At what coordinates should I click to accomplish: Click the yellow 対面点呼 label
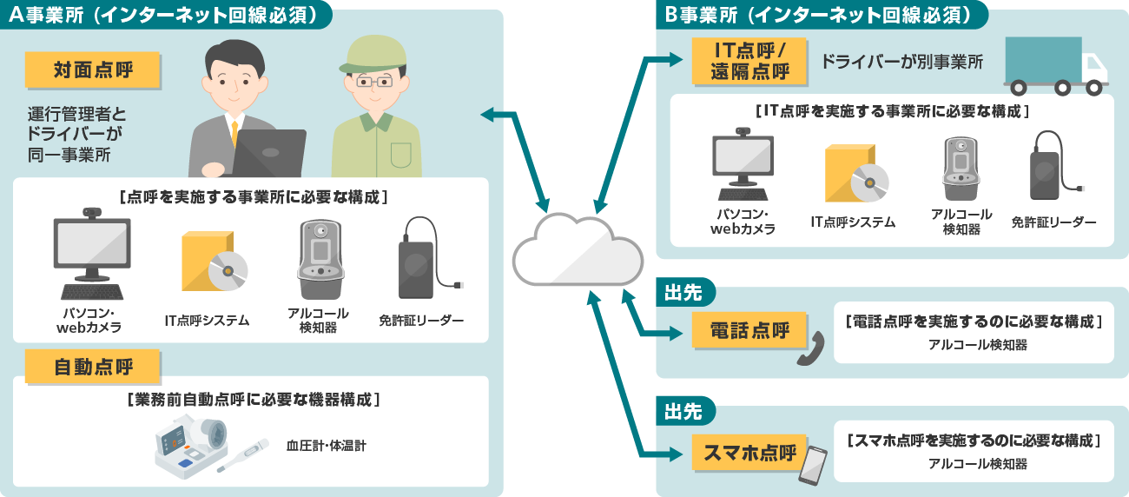click(x=93, y=70)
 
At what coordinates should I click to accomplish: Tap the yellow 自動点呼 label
click(x=93, y=367)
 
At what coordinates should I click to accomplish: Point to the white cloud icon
click(x=577, y=248)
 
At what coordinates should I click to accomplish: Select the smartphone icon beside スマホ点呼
click(x=813, y=466)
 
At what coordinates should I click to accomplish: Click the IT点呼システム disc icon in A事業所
click(x=213, y=262)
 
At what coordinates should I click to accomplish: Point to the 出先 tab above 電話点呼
click(x=683, y=290)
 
